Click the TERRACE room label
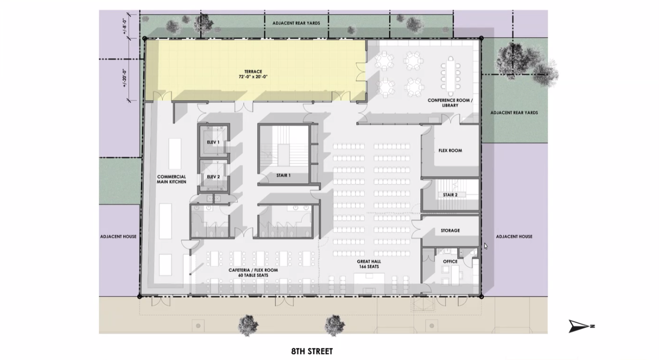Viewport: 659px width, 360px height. [x=253, y=71]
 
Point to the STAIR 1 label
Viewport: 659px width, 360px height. [x=283, y=176]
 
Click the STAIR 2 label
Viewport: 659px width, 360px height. [x=450, y=195]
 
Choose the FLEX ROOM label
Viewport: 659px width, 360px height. [x=450, y=150]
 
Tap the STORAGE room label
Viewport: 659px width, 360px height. [x=450, y=231]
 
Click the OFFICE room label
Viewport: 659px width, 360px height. [x=450, y=261]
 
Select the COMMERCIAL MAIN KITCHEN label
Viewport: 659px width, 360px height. [x=171, y=179]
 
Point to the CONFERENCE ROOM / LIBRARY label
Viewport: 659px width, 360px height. [x=450, y=103]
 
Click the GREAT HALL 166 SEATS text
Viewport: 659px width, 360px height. [x=369, y=264]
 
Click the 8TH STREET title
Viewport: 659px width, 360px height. [x=312, y=351]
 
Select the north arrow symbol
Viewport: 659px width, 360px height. [x=581, y=326]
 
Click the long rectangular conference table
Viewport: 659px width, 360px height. [x=450, y=74]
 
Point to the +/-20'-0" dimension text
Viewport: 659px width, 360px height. [x=125, y=78]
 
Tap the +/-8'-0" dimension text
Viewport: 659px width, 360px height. [x=125, y=26]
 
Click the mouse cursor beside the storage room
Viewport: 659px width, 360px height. [x=485, y=246]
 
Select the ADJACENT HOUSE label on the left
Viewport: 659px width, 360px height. [x=118, y=237]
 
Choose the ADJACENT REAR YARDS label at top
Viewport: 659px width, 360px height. [x=296, y=23]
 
